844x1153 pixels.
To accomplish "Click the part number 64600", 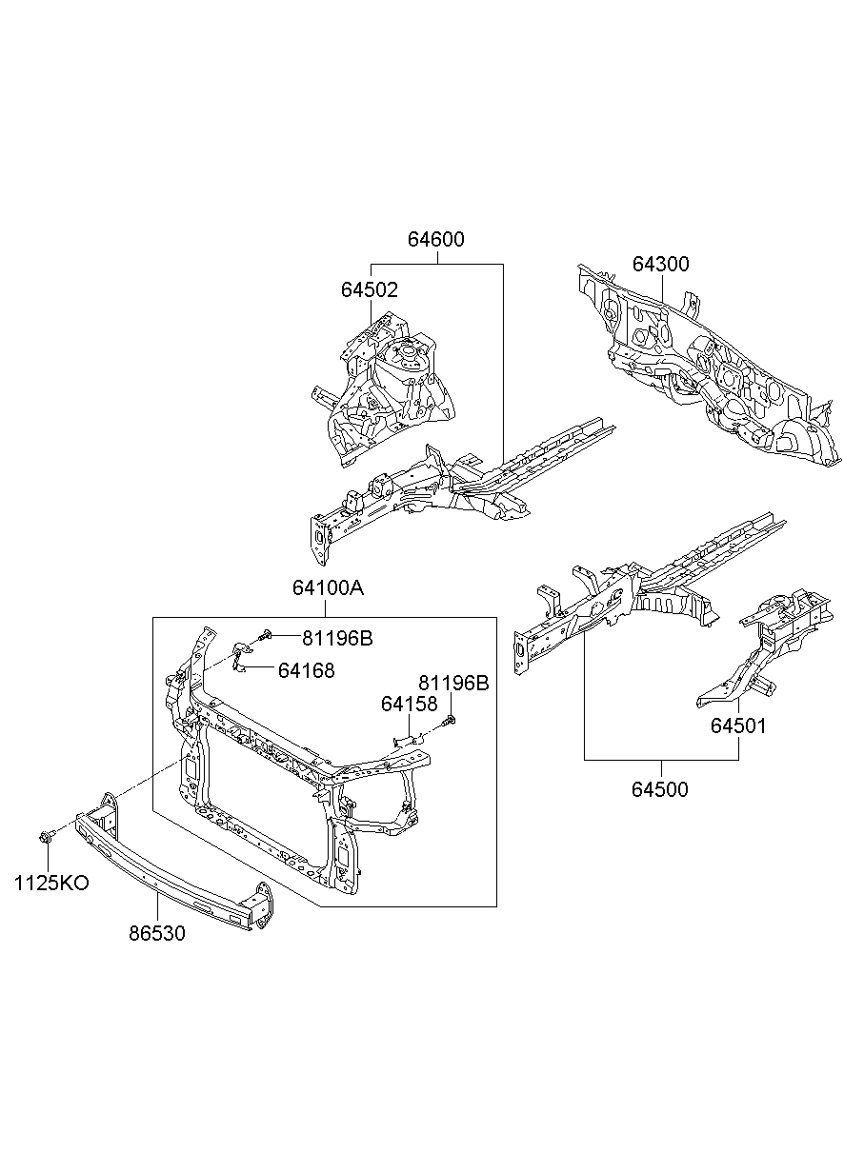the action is pos(435,239).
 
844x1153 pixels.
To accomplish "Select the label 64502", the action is pos(370,289).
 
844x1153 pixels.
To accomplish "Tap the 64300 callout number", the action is pos(661,264).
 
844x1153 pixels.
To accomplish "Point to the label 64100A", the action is pos(328,587).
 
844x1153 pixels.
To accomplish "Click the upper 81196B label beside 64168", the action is pos(337,638).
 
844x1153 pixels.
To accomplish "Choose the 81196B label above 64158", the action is pos(453,683).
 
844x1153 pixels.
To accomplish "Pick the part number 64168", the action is pos(307,670).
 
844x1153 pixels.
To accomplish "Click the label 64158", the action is pos(410,705).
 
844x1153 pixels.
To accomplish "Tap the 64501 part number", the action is pos(738,726).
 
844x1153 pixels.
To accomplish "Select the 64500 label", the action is pos(660,789).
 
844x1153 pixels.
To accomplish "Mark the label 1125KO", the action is pos(51,884).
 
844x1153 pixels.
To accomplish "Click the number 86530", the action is pos(157,933).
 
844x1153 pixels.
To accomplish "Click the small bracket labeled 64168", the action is pos(241,657).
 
